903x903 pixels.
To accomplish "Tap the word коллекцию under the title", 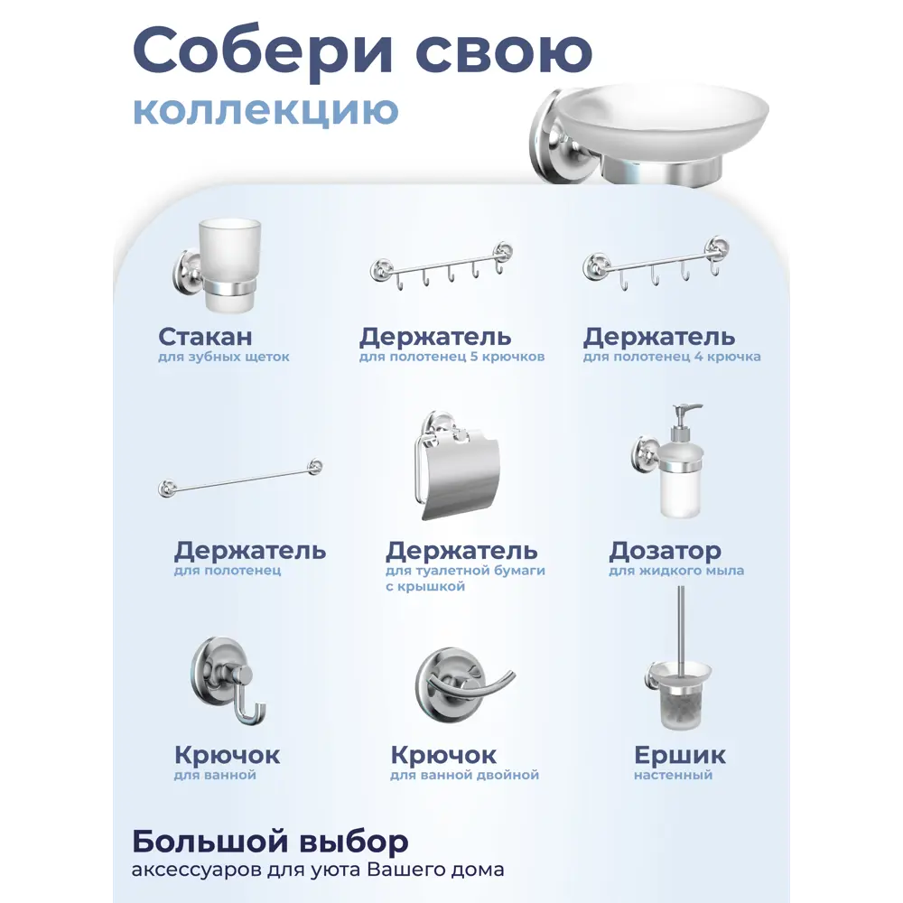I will point(265,112).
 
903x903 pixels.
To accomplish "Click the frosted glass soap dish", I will point(659,126).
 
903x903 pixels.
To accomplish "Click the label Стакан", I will point(205,337).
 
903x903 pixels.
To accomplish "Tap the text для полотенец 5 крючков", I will point(451,357).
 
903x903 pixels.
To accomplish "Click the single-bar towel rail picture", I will point(239,477).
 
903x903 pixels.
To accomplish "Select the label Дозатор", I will point(665,550).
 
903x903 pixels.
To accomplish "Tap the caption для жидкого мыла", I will point(676,571).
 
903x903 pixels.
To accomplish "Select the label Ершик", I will point(679,755).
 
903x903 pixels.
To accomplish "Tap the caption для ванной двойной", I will point(464,775).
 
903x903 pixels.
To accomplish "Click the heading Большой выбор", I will point(270,842).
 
